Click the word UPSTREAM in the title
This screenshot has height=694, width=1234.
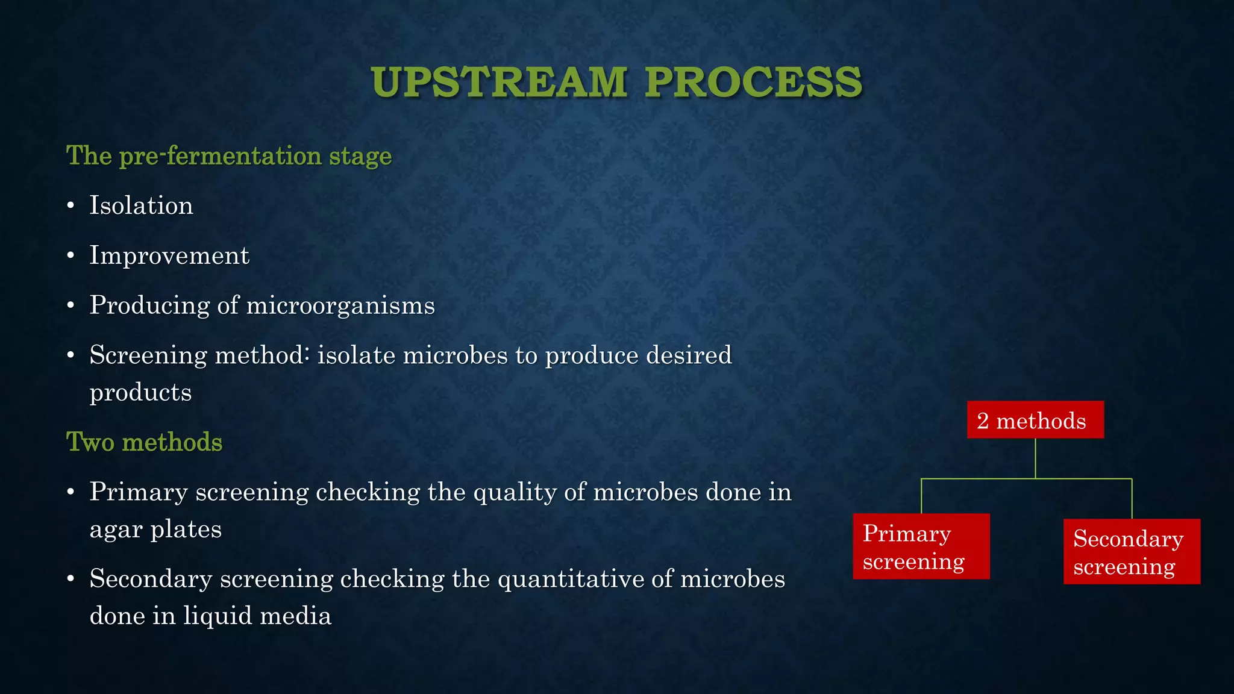[x=500, y=82]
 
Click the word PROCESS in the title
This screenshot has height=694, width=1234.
[x=753, y=82]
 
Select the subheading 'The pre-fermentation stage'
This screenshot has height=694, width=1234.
[x=229, y=155]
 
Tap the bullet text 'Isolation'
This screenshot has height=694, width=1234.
[x=141, y=205]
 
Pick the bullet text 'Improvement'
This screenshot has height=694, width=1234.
[x=169, y=255]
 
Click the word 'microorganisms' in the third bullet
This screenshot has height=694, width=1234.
[x=340, y=305]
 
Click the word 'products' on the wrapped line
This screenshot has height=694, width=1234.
[x=140, y=392]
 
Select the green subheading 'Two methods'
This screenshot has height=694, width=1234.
[x=144, y=442]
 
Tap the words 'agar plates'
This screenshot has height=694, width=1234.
[x=155, y=530]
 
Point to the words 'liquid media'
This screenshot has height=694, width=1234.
[x=257, y=616]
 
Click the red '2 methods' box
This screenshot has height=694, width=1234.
[x=1035, y=420]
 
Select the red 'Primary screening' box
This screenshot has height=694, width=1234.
[x=921, y=546]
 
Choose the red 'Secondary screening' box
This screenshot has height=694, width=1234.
[x=1132, y=552]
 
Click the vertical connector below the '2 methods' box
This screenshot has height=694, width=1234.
[x=1035, y=458]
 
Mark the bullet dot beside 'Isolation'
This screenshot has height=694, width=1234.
[x=71, y=206]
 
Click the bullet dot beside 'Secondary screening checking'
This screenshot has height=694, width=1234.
[x=71, y=580]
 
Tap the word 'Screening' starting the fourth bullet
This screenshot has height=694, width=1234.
[x=148, y=355]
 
